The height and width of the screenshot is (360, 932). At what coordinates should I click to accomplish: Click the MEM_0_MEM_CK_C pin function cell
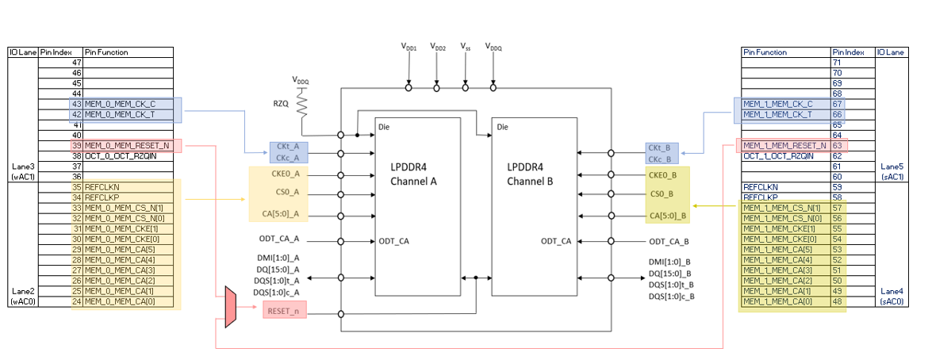tap(120, 104)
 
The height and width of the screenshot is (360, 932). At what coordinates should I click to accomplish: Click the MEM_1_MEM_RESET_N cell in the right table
tap(784, 146)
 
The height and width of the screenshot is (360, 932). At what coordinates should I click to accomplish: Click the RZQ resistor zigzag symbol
tap(302, 105)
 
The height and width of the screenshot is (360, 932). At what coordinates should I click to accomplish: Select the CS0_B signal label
tap(662, 193)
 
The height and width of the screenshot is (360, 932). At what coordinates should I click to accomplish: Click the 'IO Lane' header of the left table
tap(23, 52)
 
